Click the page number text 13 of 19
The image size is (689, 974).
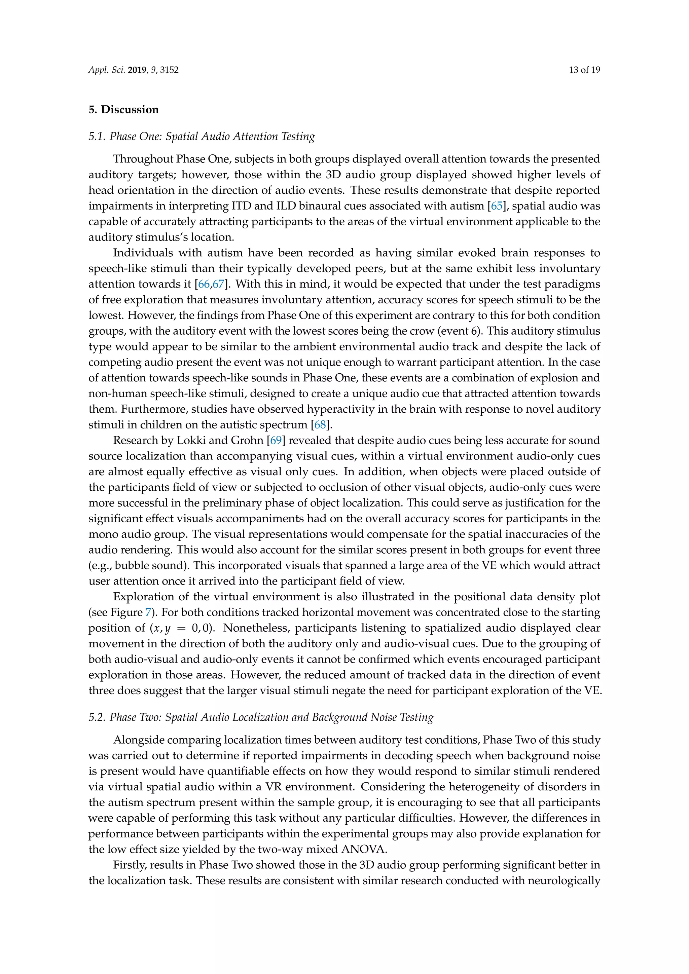click(584, 70)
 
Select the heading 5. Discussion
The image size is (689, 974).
click(123, 109)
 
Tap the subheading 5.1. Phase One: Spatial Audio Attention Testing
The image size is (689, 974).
click(202, 136)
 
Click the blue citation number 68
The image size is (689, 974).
click(320, 425)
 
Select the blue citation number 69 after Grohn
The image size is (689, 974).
click(276, 440)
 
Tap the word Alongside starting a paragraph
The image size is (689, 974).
click(138, 740)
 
